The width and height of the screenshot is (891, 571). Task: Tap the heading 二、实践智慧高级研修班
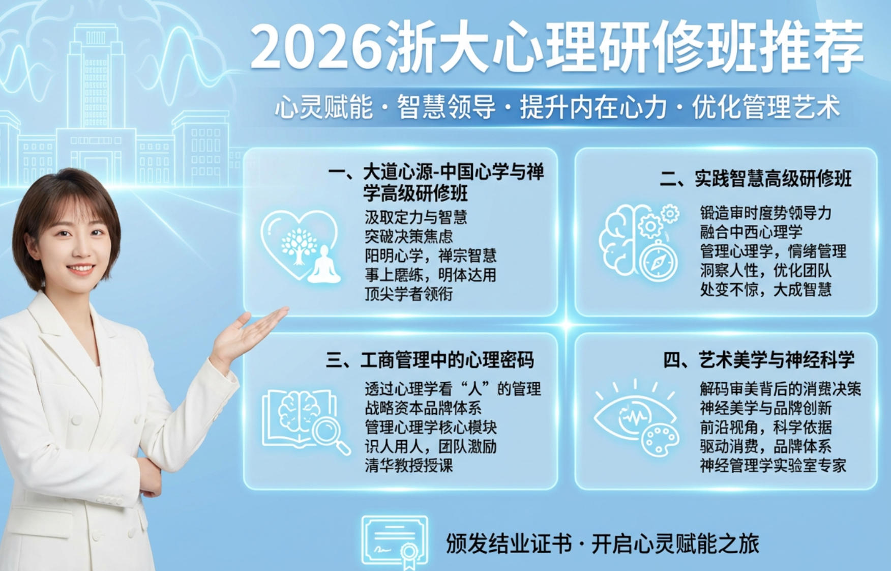click(x=755, y=179)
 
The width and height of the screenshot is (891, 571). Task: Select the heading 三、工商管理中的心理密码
click(x=430, y=360)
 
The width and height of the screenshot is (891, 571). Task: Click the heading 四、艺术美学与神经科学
click(x=759, y=360)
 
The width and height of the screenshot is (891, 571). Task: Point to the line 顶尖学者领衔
click(x=408, y=294)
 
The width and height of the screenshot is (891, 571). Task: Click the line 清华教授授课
click(x=408, y=465)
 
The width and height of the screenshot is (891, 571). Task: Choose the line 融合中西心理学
click(x=751, y=232)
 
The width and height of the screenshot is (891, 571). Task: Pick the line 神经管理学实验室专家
click(x=773, y=465)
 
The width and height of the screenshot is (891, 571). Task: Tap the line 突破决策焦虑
click(x=408, y=237)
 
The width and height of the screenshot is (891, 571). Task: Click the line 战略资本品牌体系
click(x=423, y=408)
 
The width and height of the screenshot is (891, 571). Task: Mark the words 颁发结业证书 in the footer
click(x=509, y=544)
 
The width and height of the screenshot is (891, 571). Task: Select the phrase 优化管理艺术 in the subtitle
click(x=765, y=108)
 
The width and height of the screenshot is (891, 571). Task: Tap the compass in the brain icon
click(x=658, y=263)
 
